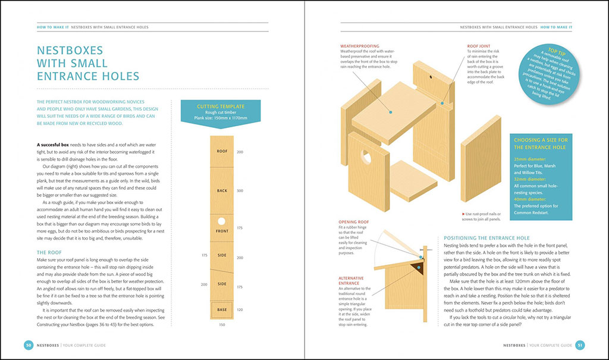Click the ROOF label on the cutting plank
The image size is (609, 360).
(222, 152)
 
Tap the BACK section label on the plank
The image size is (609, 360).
(222, 190)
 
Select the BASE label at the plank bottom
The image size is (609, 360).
(222, 310)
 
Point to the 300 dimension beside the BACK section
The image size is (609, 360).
(240, 190)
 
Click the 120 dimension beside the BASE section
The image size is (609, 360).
(240, 310)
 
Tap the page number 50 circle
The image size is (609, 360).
(28, 345)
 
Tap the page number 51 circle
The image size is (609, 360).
(581, 345)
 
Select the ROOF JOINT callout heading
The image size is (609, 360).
(479, 46)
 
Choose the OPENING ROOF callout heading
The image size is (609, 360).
(355, 222)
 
